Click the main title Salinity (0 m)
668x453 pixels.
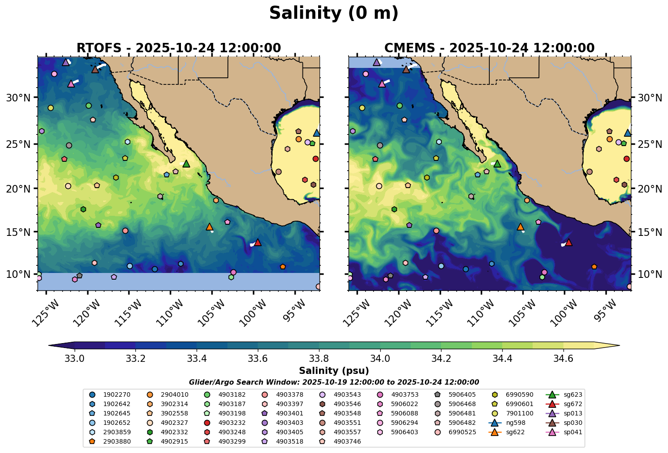tap(333, 13)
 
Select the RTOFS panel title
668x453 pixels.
tap(178, 48)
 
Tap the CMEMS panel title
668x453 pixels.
tap(489, 48)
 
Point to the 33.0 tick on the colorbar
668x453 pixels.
tap(75, 358)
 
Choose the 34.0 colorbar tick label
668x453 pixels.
tap(380, 358)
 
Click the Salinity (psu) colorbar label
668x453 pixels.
tap(333, 371)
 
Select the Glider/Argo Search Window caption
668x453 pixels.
tap(333, 382)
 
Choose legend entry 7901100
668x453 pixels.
tap(519, 414)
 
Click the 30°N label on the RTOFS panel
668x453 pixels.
tap(18, 98)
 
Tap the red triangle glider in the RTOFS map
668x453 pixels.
tap(257, 242)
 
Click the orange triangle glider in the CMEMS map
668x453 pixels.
tap(520, 226)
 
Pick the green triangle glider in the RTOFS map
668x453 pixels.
tap(186, 164)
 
